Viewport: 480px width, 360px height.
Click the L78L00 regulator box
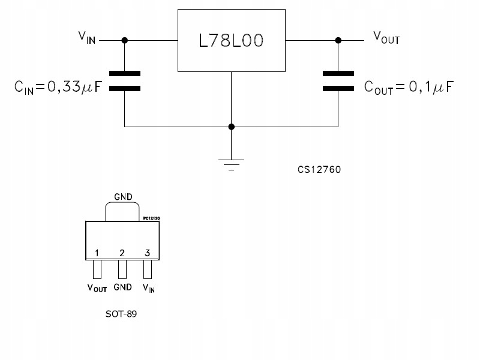pyautogui.click(x=232, y=41)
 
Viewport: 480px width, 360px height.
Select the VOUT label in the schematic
pyautogui.click(x=386, y=38)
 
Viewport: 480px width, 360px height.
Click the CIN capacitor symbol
pyautogui.click(x=125, y=80)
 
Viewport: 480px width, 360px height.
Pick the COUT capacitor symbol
pyautogui.click(x=338, y=80)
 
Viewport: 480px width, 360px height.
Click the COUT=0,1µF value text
pyautogui.click(x=409, y=88)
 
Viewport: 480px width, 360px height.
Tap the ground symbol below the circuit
pyautogui.click(x=232, y=163)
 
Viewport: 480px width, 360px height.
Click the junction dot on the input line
pyautogui.click(x=125, y=40)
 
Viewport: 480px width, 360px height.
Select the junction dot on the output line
pyautogui.click(x=338, y=40)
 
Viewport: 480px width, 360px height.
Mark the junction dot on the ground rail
pyautogui.click(x=232, y=127)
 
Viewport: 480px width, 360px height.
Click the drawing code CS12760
pyautogui.click(x=319, y=169)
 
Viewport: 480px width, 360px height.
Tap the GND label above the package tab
pyautogui.click(x=123, y=196)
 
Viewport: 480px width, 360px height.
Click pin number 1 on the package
pyautogui.click(x=97, y=253)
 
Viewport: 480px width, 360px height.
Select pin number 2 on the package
pyautogui.click(x=122, y=253)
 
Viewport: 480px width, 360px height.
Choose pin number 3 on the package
pyautogui.click(x=148, y=253)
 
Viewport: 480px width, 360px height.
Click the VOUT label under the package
pyautogui.click(x=97, y=288)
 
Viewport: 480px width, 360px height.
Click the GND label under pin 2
pyautogui.click(x=122, y=287)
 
